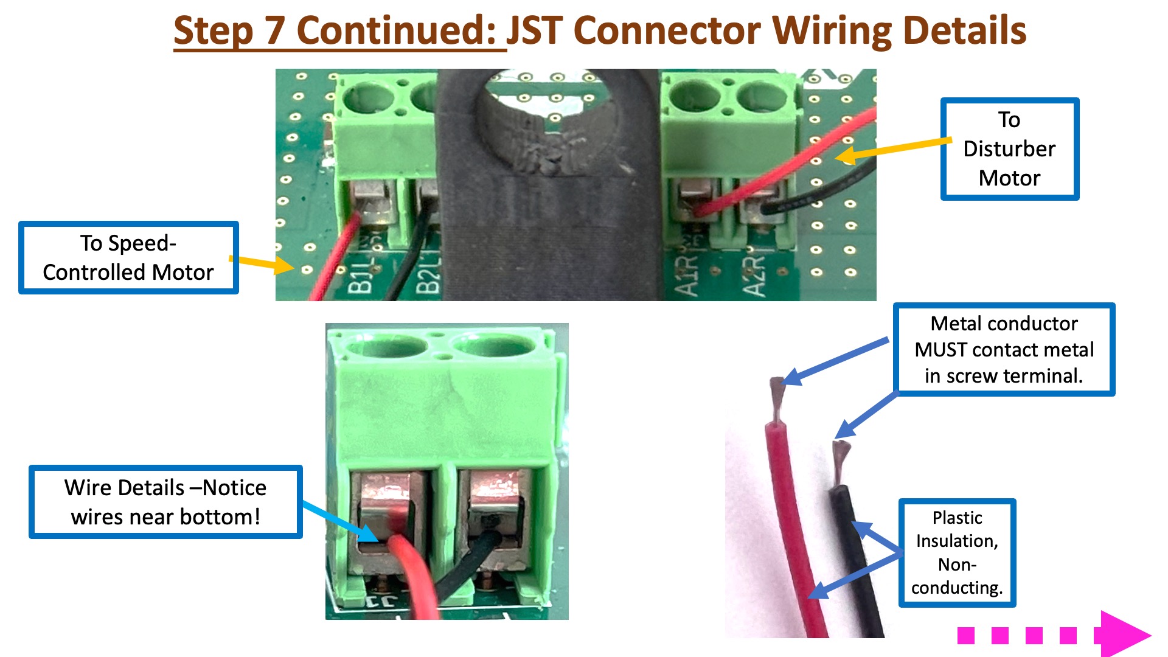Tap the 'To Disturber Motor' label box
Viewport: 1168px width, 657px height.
coord(1009,149)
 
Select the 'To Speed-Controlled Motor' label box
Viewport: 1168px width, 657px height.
coord(128,258)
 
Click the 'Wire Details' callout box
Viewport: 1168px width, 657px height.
coord(165,502)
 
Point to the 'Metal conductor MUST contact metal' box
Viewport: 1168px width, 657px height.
coord(1004,350)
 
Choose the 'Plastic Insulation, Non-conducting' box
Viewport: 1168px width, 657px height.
coord(957,552)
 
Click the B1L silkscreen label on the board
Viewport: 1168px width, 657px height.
coord(360,277)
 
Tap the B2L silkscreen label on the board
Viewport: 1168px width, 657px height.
coord(428,277)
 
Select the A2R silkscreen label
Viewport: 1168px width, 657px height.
coord(754,277)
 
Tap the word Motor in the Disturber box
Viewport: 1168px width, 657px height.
coord(1009,178)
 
